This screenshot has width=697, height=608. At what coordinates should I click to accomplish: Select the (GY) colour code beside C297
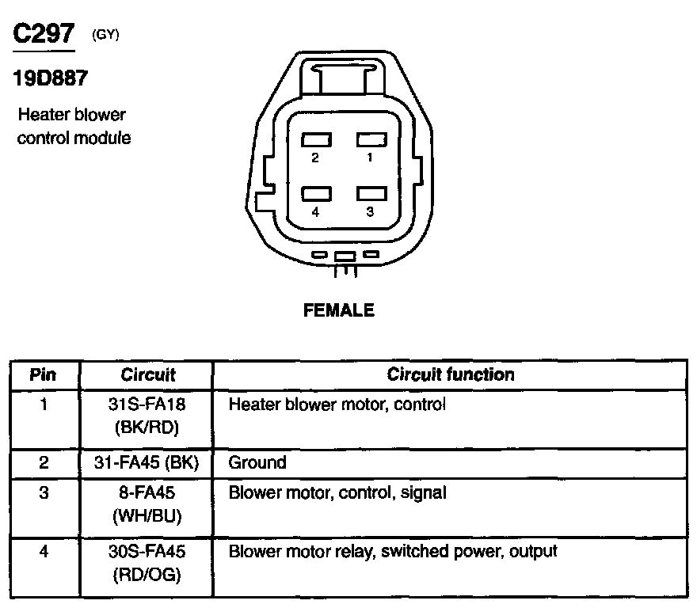(x=106, y=35)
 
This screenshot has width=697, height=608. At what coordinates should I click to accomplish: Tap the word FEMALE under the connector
(x=339, y=311)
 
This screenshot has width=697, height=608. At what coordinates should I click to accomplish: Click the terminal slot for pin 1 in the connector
(x=369, y=140)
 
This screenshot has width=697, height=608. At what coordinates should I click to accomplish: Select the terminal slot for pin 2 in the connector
(x=316, y=140)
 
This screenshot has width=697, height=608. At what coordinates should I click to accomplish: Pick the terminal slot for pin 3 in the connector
(x=369, y=193)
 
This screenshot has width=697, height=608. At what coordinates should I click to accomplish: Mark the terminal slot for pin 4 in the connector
(x=316, y=193)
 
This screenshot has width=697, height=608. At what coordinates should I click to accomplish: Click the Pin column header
(x=43, y=374)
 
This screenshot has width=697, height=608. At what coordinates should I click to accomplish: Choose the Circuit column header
(x=147, y=374)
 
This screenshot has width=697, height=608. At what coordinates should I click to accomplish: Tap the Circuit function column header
(x=450, y=374)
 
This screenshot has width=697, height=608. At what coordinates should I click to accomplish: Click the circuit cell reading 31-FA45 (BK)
(x=147, y=462)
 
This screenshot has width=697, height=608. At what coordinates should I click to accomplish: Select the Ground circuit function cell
(x=257, y=462)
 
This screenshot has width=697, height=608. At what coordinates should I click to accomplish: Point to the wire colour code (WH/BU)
(x=147, y=517)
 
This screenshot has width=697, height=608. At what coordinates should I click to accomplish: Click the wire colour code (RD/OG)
(x=147, y=576)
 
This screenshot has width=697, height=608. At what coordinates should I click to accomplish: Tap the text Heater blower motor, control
(x=337, y=405)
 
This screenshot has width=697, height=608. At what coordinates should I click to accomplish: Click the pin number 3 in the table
(x=43, y=493)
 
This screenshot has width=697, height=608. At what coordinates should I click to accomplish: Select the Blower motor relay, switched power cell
(x=393, y=551)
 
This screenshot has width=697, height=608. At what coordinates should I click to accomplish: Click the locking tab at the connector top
(x=343, y=80)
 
